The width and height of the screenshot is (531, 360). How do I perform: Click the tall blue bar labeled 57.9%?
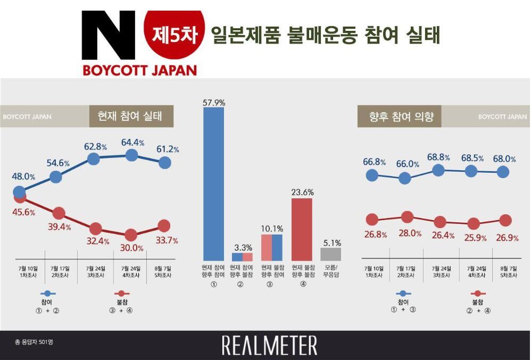(x=214, y=184)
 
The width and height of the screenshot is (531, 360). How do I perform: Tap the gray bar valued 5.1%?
(x=330, y=254)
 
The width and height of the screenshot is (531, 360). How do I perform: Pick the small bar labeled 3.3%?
(x=243, y=257)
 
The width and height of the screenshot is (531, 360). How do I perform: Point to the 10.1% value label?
(x=271, y=228)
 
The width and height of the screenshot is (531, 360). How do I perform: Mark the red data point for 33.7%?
(x=164, y=226)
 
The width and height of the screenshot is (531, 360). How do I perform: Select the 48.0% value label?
(x=24, y=177)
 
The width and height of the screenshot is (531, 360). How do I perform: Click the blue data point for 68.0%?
(x=503, y=172)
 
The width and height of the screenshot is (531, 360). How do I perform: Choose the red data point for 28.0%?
(x=407, y=216)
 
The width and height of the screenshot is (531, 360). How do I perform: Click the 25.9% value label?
(x=475, y=238)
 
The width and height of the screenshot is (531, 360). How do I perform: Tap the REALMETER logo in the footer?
(x=269, y=345)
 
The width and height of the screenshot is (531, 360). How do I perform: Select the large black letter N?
(x=107, y=36)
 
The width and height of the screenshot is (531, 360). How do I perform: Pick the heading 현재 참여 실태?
(x=131, y=116)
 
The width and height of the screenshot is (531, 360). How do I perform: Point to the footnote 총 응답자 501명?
(x=34, y=342)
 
